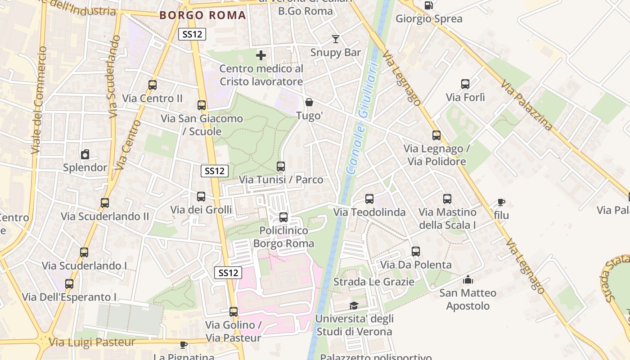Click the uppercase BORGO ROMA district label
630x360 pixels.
203,15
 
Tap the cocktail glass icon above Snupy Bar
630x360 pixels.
336,39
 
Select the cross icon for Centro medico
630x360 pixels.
261,55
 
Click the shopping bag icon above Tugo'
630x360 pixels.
309,102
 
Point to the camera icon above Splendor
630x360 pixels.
85,155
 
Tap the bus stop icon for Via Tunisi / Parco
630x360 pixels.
281,166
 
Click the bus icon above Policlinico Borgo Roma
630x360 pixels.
283,217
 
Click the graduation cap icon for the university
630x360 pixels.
354,306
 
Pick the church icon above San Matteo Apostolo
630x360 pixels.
468,279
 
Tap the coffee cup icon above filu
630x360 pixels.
501,202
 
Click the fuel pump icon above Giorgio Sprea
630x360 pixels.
429,5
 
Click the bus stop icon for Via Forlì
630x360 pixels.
465,84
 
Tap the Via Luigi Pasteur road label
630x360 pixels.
92,342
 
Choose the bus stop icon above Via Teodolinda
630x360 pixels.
369,198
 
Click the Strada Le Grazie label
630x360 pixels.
374,282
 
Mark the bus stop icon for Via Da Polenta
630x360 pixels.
416,251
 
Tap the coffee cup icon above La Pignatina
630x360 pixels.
183,345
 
